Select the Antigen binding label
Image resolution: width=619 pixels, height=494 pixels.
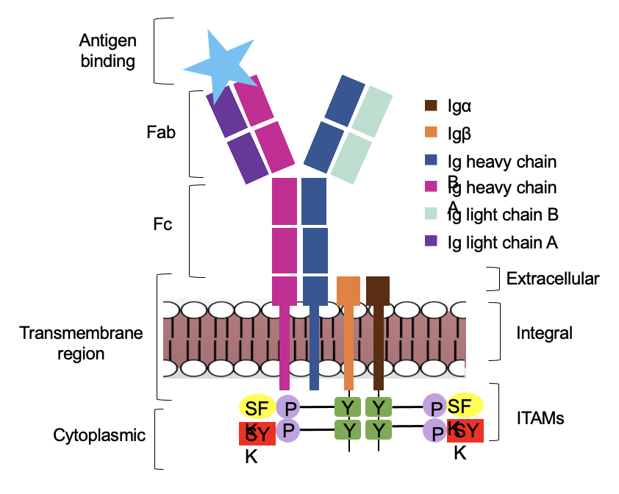tap(108, 50)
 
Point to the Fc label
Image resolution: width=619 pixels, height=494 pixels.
tap(162, 224)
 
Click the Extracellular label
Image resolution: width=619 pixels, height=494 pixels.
tap(553, 279)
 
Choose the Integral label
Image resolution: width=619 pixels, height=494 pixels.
tap(544, 333)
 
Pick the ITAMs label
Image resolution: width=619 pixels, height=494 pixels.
tap(540, 418)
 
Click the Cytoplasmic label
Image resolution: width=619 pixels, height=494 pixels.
tap(99, 435)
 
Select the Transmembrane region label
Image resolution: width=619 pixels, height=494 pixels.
tap(81, 343)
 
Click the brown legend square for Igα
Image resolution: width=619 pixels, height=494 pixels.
tap(432, 106)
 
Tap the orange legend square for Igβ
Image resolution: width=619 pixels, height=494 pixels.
tap(432, 133)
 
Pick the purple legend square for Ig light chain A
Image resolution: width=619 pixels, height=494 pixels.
tap(432, 240)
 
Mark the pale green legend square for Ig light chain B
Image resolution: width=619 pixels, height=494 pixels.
tap(432, 214)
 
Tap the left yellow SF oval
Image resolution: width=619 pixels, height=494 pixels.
tap(257, 407)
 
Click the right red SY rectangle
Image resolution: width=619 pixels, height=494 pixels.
tap(465, 430)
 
